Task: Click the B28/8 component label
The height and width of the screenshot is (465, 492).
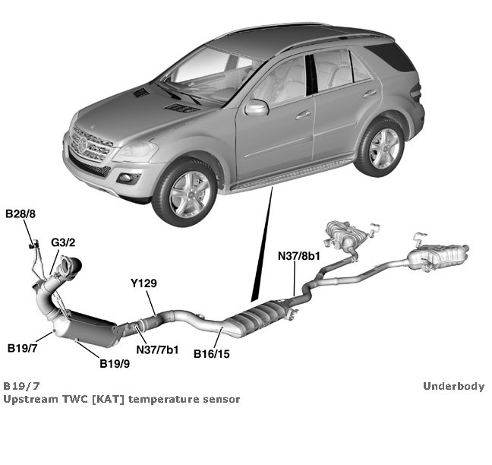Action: pyautogui.click(x=20, y=215)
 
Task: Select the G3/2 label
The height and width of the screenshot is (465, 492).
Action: pyautogui.click(x=63, y=242)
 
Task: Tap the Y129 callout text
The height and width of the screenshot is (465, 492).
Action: pyautogui.click(x=143, y=283)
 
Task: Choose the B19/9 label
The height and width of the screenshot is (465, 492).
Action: pyautogui.click(x=115, y=363)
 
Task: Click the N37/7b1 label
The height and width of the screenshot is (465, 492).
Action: pyautogui.click(x=157, y=349)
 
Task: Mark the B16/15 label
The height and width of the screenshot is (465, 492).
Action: pyautogui.click(x=212, y=353)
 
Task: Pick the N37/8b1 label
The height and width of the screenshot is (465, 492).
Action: pyautogui.click(x=298, y=257)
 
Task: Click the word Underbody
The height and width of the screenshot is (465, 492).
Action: pyautogui.click(x=453, y=386)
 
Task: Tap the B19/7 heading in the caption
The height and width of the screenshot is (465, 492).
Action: pyautogui.click(x=18, y=386)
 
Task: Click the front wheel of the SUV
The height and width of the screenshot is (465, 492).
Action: pyautogui.click(x=184, y=192)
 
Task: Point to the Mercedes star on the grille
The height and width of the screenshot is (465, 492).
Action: pyautogui.click(x=79, y=143)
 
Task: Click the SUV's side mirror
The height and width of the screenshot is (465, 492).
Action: pyautogui.click(x=257, y=107)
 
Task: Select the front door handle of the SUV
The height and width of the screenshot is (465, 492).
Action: pyautogui.click(x=304, y=115)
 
